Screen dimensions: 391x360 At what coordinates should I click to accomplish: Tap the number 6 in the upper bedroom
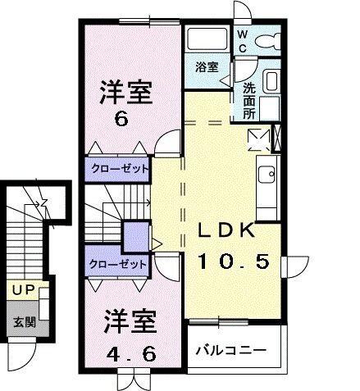(x=121, y=119)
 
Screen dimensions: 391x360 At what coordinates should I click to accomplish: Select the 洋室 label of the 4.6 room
(x=129, y=322)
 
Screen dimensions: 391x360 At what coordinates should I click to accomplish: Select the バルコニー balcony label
(x=230, y=350)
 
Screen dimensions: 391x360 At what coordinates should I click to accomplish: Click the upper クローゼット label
(x=119, y=170)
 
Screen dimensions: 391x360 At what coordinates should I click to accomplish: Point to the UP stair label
(x=22, y=290)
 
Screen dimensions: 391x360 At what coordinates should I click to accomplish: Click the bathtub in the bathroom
(x=207, y=39)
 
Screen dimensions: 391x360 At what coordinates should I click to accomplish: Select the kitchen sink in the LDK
(x=267, y=174)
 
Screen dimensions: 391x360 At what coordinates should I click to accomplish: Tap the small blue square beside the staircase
(x=132, y=237)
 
